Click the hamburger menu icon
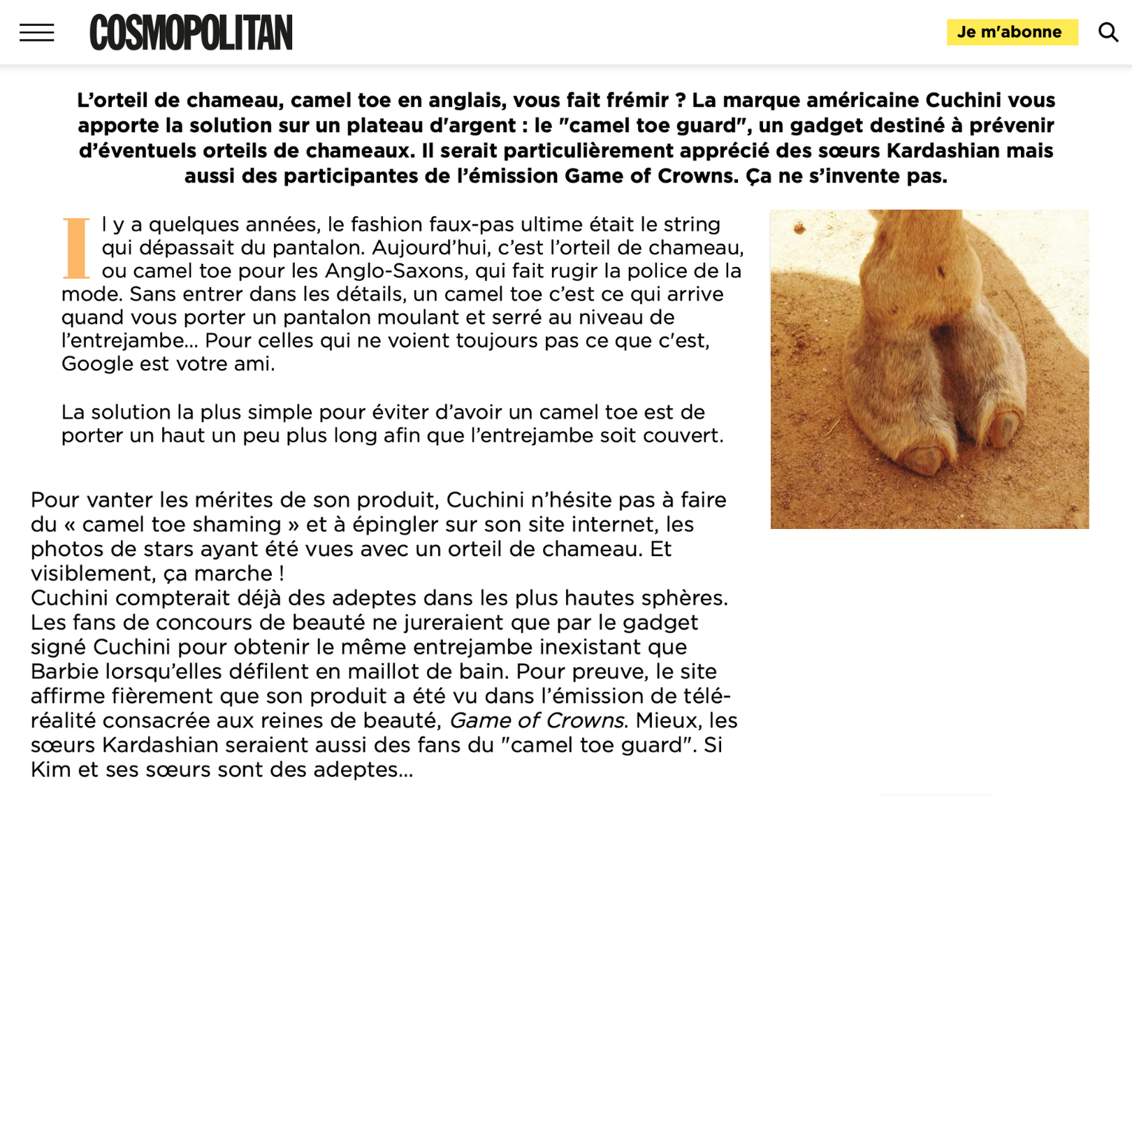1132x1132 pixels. tap(36, 32)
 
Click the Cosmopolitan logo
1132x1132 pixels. tap(191, 32)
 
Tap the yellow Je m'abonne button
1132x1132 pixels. tap(1011, 32)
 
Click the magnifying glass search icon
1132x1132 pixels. tap(1108, 32)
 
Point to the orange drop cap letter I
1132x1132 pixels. tap(76, 248)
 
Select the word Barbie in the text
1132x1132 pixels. tap(64, 672)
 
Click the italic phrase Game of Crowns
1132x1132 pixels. tap(536, 720)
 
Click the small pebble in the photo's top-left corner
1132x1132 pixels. tap(799, 227)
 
